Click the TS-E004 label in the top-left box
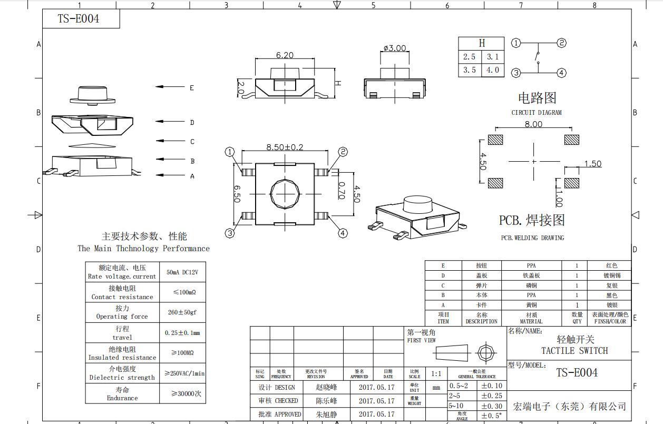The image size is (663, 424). [79, 19]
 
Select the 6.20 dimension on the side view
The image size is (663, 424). [285, 55]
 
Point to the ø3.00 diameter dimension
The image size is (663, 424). [395, 48]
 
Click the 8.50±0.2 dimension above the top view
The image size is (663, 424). [285, 147]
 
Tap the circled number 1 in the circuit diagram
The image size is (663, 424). [516, 43]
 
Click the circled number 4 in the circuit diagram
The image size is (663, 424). [562, 73]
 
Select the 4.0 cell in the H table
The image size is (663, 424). [493, 70]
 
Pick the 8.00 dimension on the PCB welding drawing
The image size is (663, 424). [533, 124]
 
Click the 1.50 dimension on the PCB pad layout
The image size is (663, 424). [592, 164]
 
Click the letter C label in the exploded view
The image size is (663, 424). [192, 142]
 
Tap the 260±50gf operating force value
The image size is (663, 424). [182, 312]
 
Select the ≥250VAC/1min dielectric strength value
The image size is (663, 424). [184, 373]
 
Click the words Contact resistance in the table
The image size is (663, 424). [122, 297]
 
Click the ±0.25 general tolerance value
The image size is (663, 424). [491, 396]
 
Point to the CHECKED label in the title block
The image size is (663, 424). [286, 401]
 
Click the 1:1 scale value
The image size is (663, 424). [436, 374]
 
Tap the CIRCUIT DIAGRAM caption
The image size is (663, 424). [537, 113]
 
